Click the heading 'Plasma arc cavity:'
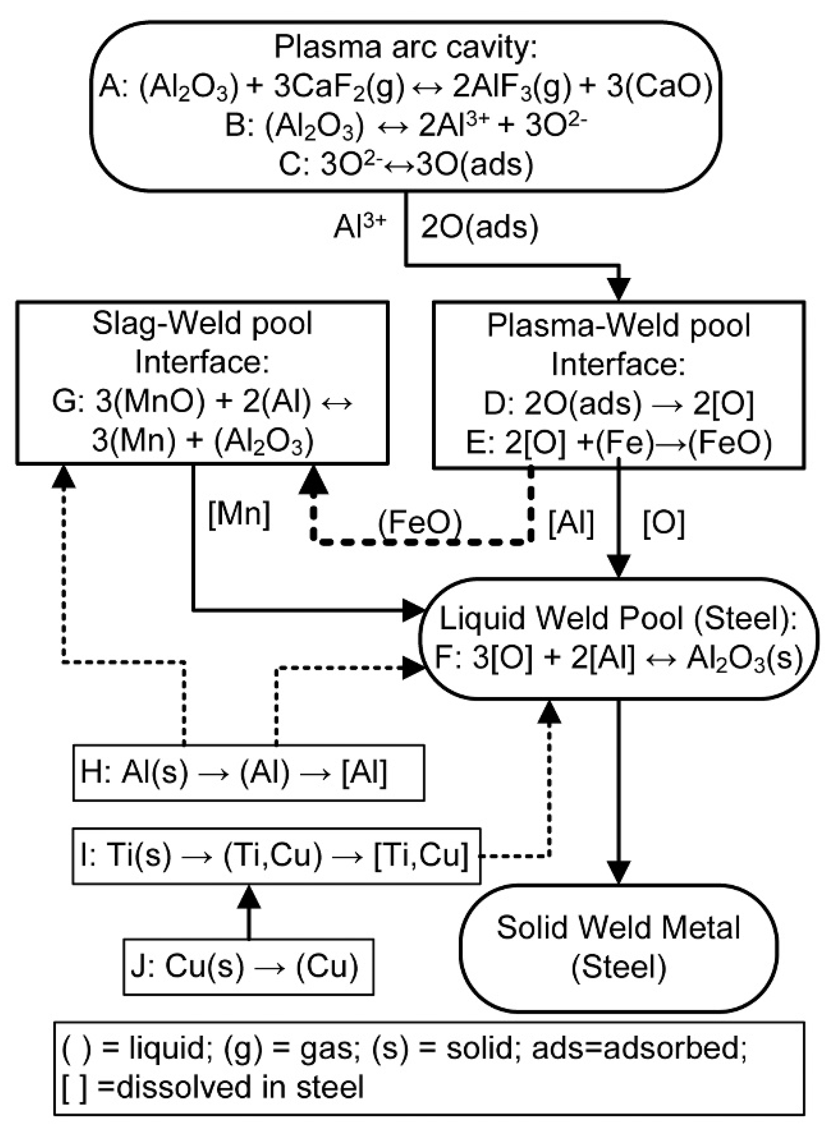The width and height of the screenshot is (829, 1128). tap(406, 48)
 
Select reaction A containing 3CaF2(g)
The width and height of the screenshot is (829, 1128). tap(406, 87)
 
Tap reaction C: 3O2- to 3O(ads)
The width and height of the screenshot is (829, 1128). tap(406, 164)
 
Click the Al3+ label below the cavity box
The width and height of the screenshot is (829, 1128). tap(360, 227)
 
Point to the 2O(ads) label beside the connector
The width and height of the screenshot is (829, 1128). tap(479, 227)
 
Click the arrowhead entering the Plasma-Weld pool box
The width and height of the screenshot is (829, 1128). tap(619, 290)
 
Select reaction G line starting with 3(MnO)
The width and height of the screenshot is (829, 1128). tap(202, 403)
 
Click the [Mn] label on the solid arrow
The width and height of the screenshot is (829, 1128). tap(239, 514)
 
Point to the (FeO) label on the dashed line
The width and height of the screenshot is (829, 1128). tap(420, 523)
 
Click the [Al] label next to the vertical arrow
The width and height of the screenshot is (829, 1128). tap(571, 523)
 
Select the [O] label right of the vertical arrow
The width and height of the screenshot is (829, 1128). tap(663, 523)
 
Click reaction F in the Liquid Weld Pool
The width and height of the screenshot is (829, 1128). tap(619, 657)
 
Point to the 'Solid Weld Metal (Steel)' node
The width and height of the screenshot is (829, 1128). tap(619, 948)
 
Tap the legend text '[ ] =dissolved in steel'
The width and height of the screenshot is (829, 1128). tap(213, 1087)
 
